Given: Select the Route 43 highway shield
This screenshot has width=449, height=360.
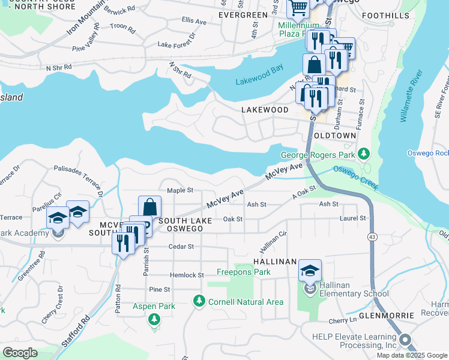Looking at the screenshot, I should [373, 238].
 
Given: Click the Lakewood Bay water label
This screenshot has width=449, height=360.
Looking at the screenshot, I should [259, 80].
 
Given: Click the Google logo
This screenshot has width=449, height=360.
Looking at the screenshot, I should [20, 352].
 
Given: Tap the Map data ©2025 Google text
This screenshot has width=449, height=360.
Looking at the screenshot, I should [411, 355].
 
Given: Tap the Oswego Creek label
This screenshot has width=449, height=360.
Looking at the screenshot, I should [356, 178].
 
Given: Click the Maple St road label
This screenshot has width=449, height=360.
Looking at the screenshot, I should [179, 190].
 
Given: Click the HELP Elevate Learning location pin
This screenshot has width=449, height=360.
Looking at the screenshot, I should [406, 340].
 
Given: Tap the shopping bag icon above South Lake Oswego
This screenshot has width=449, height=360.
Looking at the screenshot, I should [149, 208].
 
